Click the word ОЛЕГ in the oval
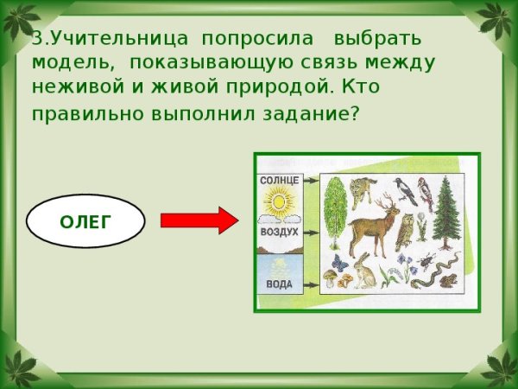(85, 222)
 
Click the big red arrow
(199, 220)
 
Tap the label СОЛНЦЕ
(280, 181)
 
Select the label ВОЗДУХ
(280, 232)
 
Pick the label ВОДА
(280, 284)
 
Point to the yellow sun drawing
(279, 201)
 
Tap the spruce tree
(445, 214)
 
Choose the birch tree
(335, 213)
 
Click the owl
(404, 233)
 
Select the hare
(364, 271)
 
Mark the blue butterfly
(339, 264)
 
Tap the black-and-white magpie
(405, 191)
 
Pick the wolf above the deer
(363, 192)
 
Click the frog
(449, 281)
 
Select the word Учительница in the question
(119, 38)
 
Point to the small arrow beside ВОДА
(312, 285)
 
